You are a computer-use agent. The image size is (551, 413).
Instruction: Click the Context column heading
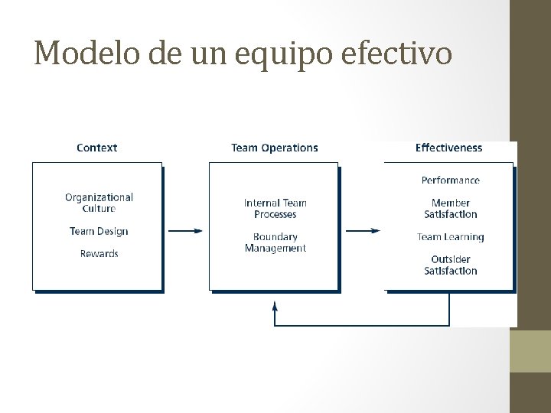click(x=97, y=148)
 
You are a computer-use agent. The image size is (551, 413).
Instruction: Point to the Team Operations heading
click(x=275, y=148)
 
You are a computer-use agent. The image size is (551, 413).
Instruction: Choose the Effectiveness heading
click(x=449, y=148)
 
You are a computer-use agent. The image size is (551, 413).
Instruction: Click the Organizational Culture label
click(x=99, y=203)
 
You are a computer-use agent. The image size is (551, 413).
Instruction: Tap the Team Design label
click(x=99, y=231)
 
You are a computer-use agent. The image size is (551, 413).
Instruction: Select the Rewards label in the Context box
click(x=99, y=253)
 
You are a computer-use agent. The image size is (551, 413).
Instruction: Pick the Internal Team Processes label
click(x=275, y=209)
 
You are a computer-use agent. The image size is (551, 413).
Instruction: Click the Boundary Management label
click(x=275, y=242)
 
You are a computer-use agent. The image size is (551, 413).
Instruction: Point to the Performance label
click(x=451, y=180)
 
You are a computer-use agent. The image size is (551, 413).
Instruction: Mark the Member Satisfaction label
click(x=451, y=209)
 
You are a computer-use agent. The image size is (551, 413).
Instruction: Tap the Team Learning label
click(x=451, y=237)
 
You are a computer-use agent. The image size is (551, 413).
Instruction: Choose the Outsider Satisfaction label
click(x=451, y=265)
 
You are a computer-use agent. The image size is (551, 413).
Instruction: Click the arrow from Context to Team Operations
click(x=185, y=231)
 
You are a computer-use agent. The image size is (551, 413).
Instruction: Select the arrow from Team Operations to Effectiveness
click(x=361, y=231)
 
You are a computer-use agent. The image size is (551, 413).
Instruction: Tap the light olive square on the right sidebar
click(x=530, y=351)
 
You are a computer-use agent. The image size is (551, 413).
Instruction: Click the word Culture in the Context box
click(x=99, y=209)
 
